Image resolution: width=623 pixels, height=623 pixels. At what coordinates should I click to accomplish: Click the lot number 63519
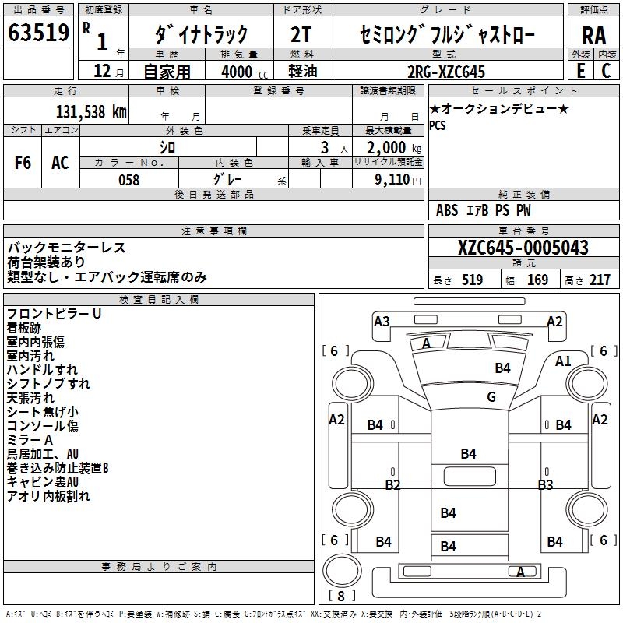click(39, 33)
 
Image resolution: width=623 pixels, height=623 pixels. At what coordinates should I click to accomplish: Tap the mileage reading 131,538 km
click(91, 111)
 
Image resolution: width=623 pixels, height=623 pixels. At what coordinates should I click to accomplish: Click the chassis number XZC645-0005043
click(523, 248)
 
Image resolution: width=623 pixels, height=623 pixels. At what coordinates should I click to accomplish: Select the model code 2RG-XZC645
click(446, 72)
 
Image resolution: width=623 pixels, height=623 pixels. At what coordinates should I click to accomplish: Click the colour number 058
click(128, 180)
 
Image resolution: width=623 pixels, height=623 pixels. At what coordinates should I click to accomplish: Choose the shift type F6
click(23, 163)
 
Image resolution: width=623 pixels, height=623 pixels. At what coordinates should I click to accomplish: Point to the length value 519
click(471, 280)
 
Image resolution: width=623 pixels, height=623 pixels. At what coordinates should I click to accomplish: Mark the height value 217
click(600, 280)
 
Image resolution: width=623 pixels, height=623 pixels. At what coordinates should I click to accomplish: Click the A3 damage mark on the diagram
click(382, 321)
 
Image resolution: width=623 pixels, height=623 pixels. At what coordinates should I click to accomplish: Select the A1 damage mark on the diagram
click(563, 361)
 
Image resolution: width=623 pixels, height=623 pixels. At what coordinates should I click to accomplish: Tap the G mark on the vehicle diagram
click(491, 397)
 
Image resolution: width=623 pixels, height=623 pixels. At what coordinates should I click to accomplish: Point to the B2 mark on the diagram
click(392, 485)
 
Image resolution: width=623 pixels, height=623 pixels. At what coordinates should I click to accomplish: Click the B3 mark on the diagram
click(545, 485)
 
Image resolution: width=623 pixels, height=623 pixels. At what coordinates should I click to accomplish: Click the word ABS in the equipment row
click(447, 210)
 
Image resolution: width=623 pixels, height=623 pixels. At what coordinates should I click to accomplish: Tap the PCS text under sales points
click(438, 125)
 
